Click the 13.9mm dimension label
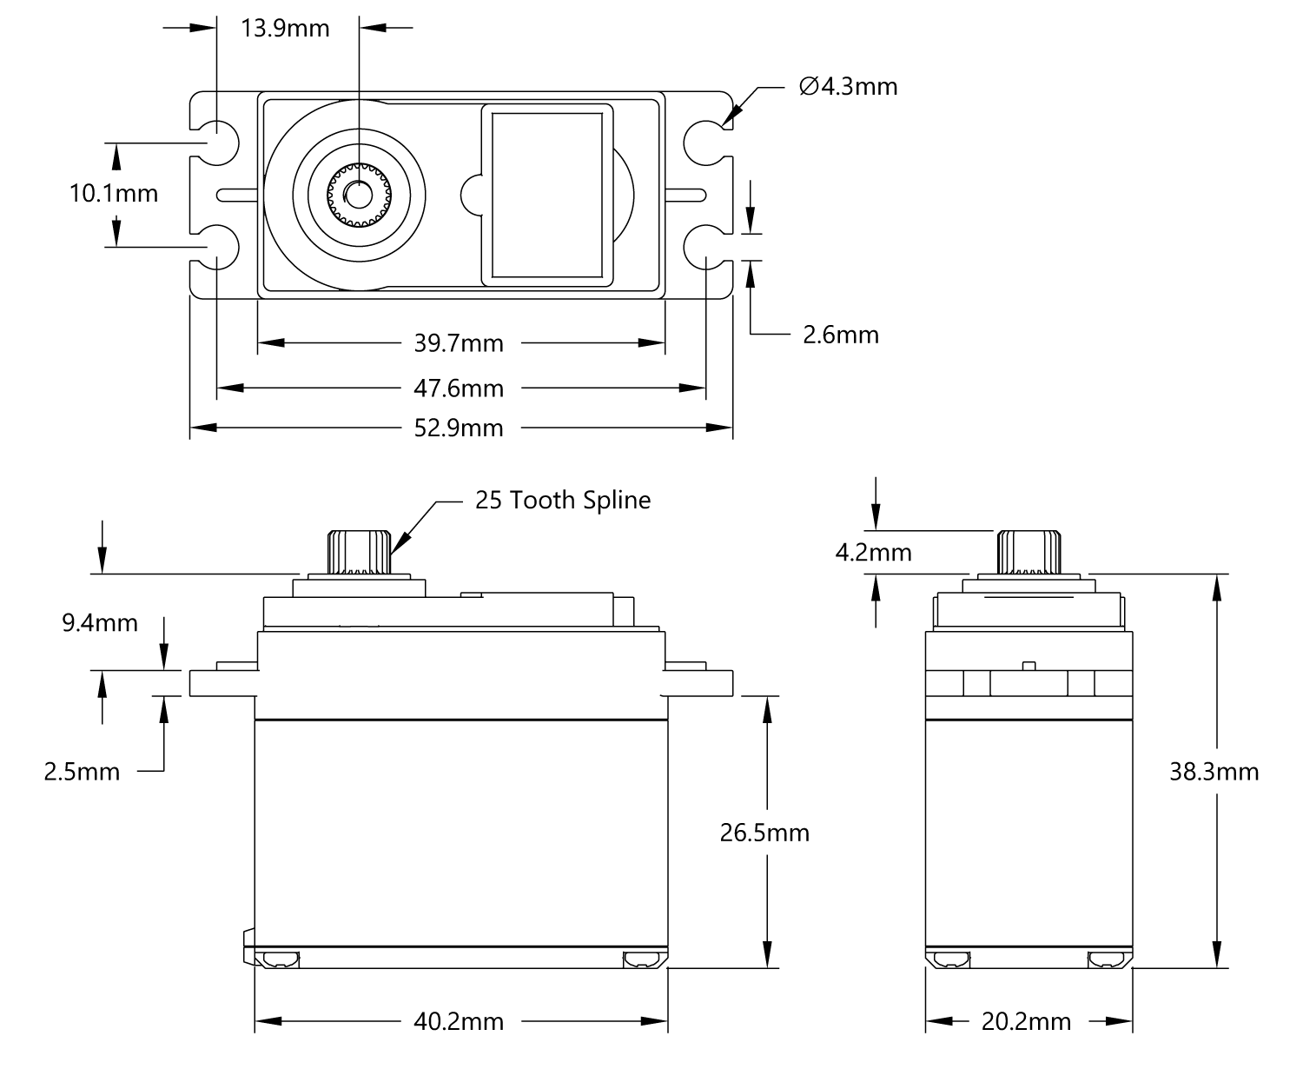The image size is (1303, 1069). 285,29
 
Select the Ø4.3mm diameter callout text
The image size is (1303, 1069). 848,87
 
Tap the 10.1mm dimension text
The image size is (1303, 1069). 114,194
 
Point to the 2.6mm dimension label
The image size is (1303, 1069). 840,335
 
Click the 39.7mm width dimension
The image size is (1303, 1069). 459,343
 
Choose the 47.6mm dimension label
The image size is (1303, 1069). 459,388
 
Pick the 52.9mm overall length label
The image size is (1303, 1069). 459,428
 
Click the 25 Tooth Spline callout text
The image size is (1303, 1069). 563,500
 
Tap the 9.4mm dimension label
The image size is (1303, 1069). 100,622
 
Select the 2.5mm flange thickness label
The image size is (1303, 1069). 82,772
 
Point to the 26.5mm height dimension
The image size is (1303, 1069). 764,833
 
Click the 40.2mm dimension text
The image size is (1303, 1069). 459,1021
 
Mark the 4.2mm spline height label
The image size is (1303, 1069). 873,552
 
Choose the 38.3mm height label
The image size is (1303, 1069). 1214,772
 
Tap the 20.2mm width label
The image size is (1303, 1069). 1026,1021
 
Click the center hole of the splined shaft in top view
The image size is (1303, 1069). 359,196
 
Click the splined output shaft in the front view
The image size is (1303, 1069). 359,552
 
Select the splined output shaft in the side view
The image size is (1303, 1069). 1029,552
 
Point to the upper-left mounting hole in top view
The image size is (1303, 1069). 217,143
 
